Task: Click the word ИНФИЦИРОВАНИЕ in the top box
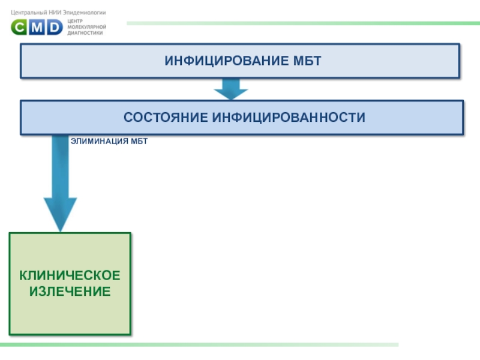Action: point(220,61)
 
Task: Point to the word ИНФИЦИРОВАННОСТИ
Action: point(287,117)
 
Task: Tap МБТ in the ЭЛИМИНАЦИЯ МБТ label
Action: point(139,142)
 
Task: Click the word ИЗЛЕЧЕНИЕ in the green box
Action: point(70,292)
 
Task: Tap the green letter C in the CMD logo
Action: point(20,27)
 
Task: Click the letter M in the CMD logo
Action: point(37,27)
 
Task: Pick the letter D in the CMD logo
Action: point(54,27)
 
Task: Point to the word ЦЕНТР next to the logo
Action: point(76,22)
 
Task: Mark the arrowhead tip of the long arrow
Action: point(60,230)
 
